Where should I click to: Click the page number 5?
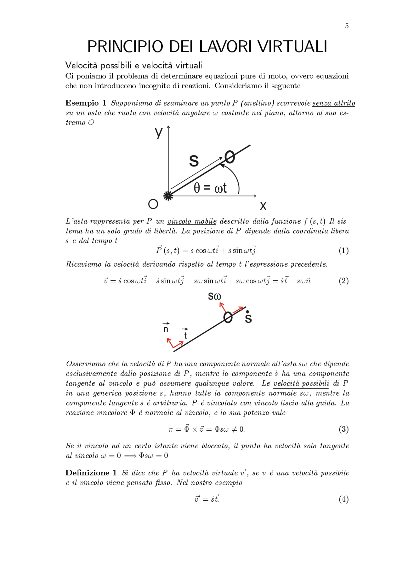(x=347, y=26)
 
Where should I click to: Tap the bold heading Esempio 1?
(x=86, y=103)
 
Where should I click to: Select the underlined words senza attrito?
(x=333, y=103)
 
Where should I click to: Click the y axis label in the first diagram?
(x=159, y=133)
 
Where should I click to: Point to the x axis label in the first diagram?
(x=263, y=206)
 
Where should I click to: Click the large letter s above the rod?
(x=194, y=160)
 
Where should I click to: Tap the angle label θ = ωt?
(x=210, y=188)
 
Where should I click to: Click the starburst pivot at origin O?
(x=168, y=196)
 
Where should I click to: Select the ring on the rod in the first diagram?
(x=230, y=157)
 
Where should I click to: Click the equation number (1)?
(x=343, y=251)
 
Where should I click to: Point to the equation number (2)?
(x=343, y=281)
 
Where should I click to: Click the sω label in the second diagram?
(x=214, y=296)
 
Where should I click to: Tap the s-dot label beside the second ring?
(x=248, y=317)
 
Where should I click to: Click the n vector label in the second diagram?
(x=166, y=329)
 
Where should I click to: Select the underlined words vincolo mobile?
(x=192, y=221)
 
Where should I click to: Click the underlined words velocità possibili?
(x=301, y=383)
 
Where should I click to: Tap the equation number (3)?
(x=343, y=429)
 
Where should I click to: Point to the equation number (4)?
(x=343, y=499)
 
